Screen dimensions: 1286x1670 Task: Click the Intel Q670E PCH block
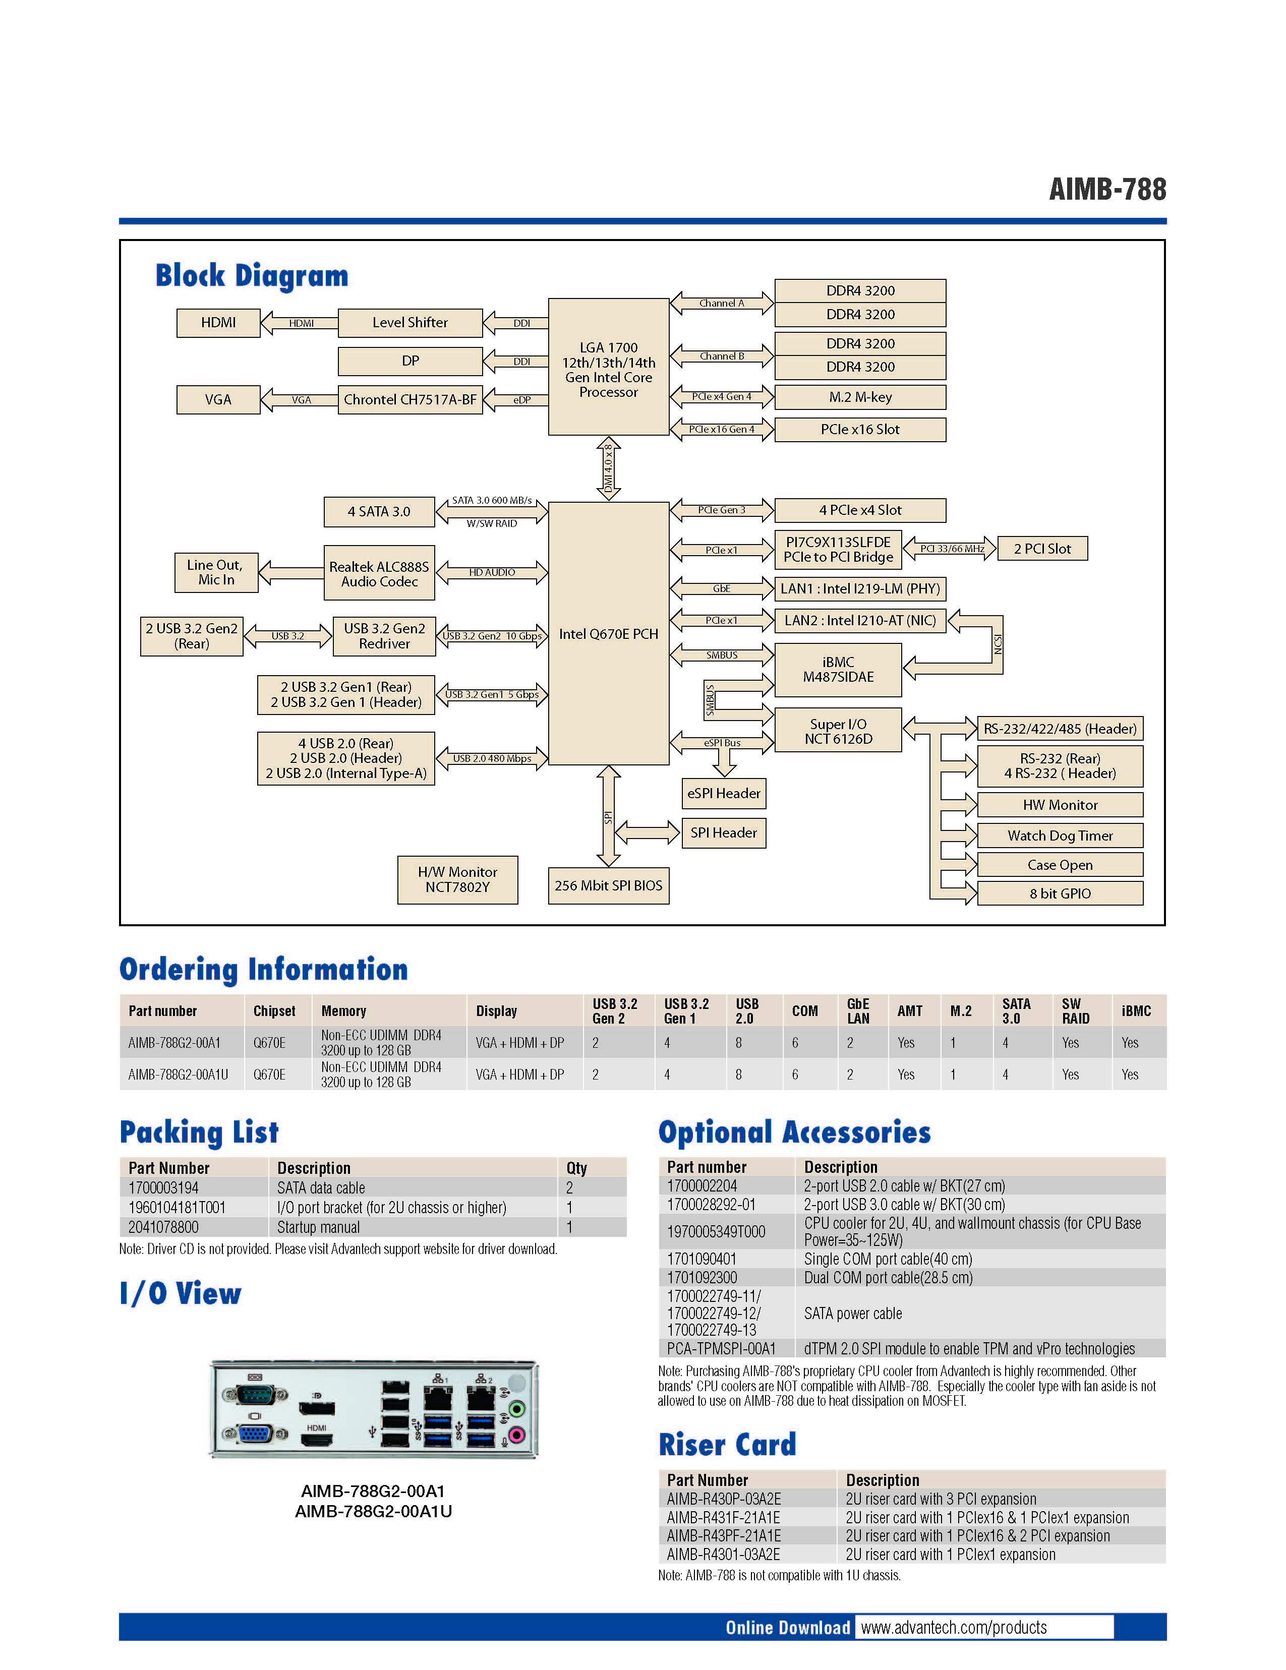(x=609, y=633)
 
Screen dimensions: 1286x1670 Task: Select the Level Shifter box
(x=410, y=323)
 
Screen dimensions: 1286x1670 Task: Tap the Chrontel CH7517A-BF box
(x=410, y=399)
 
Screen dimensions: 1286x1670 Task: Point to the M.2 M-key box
(x=860, y=397)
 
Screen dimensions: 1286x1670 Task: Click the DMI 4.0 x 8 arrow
(x=609, y=468)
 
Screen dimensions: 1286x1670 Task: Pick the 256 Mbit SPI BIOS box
(x=609, y=885)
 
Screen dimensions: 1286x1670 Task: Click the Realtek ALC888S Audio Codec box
(x=379, y=573)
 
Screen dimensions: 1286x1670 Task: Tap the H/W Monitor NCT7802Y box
(x=457, y=879)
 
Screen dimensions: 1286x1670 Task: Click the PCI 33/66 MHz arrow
(x=950, y=548)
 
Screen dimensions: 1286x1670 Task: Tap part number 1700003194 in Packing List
(x=163, y=1187)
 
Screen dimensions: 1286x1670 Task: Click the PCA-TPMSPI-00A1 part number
(x=721, y=1348)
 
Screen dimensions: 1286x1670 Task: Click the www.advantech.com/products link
(x=954, y=1627)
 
